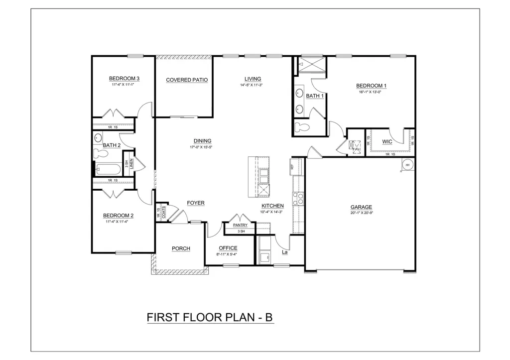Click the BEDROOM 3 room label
pyautogui.click(x=124, y=78)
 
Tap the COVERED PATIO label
pyautogui.click(x=187, y=80)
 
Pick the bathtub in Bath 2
pyautogui.click(x=106, y=169)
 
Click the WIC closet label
pyautogui.click(x=387, y=142)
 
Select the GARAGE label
pyautogui.click(x=361, y=207)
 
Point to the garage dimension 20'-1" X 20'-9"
pyautogui.click(x=361, y=213)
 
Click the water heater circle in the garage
pyautogui.click(x=407, y=165)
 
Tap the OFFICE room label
pyautogui.click(x=228, y=248)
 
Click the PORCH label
pyautogui.click(x=181, y=248)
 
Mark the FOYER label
pyautogui.click(x=196, y=203)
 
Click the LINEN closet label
pyautogui.click(x=131, y=164)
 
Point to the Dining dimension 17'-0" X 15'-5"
pyautogui.click(x=201, y=147)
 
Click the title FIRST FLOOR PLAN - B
pyautogui.click(x=210, y=317)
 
